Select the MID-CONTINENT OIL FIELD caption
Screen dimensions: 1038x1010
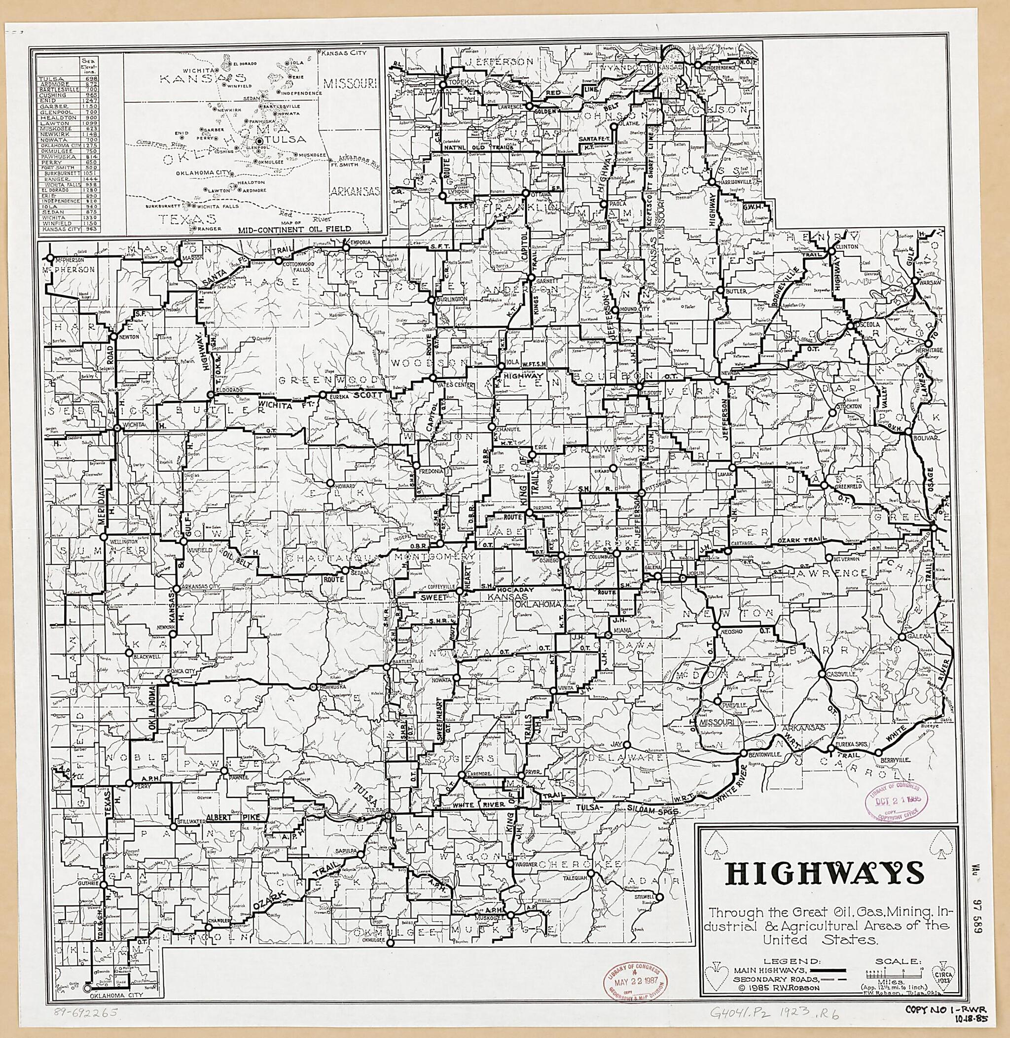click(x=295, y=229)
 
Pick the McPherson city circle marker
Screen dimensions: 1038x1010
click(x=49, y=258)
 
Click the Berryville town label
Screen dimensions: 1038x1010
click(x=893, y=759)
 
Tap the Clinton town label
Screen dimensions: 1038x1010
click(x=847, y=246)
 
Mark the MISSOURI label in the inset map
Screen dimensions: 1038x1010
click(x=350, y=83)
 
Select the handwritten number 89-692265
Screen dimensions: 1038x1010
click(x=85, y=1012)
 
